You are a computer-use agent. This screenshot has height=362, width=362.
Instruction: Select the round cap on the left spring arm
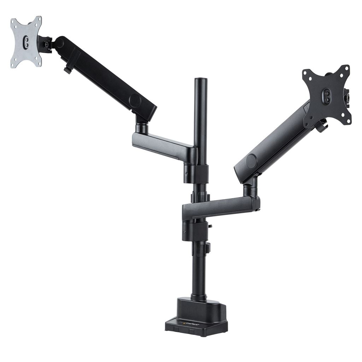pos(135,101)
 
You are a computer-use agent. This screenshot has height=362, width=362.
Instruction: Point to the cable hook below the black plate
pos(322,127)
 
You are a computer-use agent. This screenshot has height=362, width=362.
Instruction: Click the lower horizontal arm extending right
pos(219,206)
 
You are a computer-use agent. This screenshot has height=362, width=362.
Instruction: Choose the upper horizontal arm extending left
pos(163,143)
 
